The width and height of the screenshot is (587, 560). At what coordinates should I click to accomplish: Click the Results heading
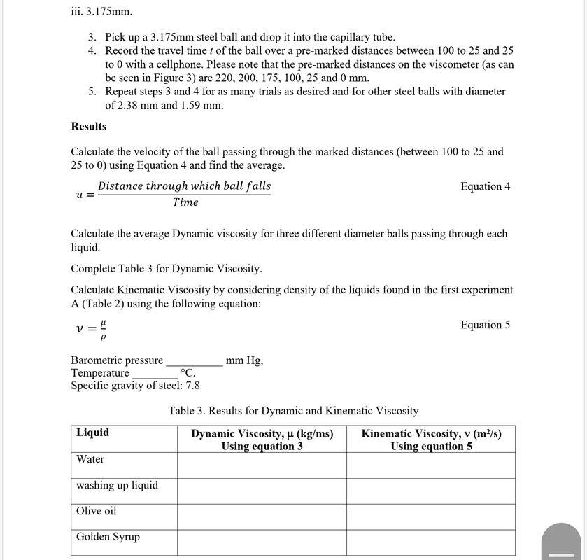(x=89, y=127)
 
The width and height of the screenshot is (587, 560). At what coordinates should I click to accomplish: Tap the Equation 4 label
(x=485, y=186)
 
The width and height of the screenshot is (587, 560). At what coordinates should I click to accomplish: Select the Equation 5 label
(x=485, y=325)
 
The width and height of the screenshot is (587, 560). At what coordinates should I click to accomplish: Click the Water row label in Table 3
(x=90, y=459)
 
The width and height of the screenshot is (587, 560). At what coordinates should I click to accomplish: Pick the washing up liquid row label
(x=117, y=485)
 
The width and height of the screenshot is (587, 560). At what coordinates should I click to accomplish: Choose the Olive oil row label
(x=97, y=511)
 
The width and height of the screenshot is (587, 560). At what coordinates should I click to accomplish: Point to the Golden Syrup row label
(x=108, y=537)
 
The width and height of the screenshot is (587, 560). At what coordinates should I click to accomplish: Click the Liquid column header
(x=92, y=433)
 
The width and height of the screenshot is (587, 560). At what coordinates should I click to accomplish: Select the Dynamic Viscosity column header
(x=262, y=440)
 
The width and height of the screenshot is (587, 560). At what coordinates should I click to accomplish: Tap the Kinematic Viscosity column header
(x=431, y=440)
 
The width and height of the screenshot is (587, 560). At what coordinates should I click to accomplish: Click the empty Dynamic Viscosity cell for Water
(x=262, y=465)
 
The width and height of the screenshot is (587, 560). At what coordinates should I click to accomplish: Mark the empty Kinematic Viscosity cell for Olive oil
(x=431, y=517)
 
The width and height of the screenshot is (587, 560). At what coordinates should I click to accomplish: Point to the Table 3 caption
(x=293, y=411)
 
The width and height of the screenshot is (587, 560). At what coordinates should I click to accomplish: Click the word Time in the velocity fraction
(x=185, y=202)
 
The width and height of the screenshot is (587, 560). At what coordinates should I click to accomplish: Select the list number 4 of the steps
(x=92, y=51)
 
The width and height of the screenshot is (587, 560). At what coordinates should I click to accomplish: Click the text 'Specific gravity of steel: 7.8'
(x=135, y=386)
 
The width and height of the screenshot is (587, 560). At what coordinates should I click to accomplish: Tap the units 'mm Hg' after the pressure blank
(x=245, y=360)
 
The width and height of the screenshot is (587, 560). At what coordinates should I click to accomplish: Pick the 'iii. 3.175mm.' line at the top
(x=101, y=12)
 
